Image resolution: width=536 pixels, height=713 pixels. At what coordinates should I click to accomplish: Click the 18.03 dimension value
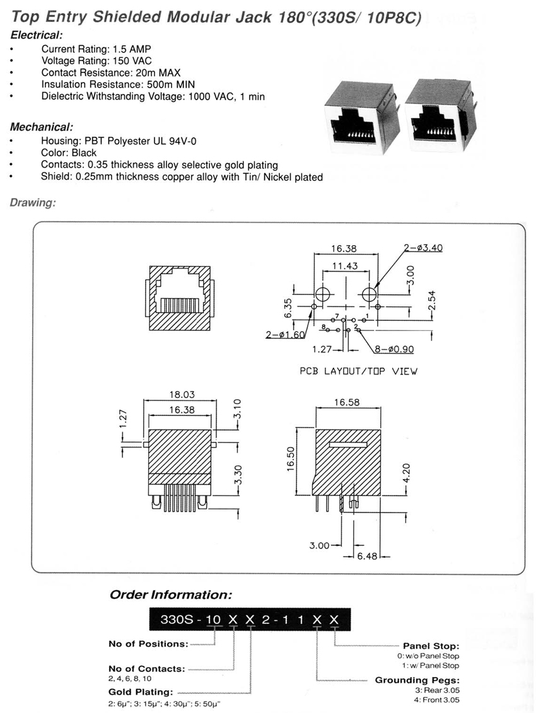182,395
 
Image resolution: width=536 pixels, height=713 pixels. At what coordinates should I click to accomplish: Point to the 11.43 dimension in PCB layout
345,265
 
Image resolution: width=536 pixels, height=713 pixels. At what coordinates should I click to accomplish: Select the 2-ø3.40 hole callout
423,248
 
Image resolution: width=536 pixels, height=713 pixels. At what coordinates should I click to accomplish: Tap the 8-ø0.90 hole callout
394,349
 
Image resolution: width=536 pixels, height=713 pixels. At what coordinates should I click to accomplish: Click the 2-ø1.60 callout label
285,335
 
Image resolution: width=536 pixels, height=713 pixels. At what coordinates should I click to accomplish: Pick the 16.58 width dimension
347,402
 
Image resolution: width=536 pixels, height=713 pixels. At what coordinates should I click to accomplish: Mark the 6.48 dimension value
367,556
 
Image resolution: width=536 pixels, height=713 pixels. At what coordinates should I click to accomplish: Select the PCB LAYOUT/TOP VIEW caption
359,371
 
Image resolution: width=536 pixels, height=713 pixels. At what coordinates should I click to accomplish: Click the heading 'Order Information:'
171,594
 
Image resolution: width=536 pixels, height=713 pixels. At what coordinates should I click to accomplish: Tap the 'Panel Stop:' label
431,646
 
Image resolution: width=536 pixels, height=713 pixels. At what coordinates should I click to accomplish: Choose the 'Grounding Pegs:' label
417,680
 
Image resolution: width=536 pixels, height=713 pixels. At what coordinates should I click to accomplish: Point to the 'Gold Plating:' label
141,692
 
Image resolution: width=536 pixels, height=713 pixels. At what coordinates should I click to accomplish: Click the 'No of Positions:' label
148,644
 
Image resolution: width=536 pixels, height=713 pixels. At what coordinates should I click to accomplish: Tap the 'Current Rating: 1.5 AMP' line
96,49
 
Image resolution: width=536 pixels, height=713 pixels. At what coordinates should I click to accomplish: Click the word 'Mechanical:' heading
42,127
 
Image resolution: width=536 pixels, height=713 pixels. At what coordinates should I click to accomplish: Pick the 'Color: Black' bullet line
69,153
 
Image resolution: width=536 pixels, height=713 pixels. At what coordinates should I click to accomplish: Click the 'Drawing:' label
33,203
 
